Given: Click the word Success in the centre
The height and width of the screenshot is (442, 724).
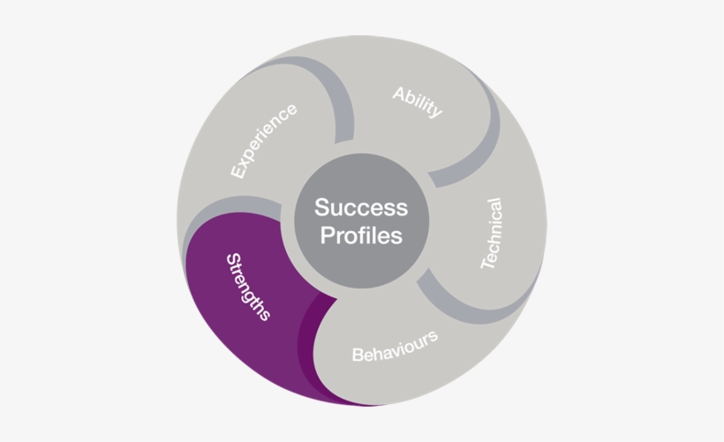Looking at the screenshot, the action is (x=361, y=207).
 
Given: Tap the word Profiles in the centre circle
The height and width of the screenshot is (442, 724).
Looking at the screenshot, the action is (x=361, y=236).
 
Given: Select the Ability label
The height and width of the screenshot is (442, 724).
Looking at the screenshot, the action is (x=418, y=102).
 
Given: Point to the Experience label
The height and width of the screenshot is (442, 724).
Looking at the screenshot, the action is (x=264, y=141).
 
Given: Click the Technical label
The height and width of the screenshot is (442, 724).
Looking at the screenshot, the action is (x=491, y=234).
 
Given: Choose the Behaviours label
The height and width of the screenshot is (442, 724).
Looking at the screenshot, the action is (x=396, y=347).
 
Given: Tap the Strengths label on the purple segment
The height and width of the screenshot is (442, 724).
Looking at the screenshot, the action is (x=248, y=287).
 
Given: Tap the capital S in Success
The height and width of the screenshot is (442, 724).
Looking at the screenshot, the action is (x=322, y=207).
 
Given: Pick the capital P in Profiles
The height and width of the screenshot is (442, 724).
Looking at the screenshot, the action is (x=328, y=236).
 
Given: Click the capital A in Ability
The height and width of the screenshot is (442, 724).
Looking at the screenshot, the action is (x=400, y=94).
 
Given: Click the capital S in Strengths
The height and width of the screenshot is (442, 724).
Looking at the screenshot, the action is (x=234, y=259).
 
